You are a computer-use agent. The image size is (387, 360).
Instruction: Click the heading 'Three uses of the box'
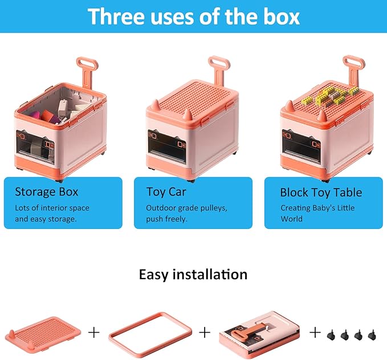(x=194, y=17)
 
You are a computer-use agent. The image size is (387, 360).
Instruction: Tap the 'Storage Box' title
(x=46, y=192)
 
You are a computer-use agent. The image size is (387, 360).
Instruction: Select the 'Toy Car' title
(x=166, y=192)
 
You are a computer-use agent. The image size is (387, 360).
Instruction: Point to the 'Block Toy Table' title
(x=321, y=192)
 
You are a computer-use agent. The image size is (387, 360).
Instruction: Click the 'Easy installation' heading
(x=193, y=275)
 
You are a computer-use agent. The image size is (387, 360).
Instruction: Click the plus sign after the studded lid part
(x=94, y=333)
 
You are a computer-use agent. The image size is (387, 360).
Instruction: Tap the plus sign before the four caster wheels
(x=315, y=333)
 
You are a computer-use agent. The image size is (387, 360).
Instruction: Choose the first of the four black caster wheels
(x=331, y=335)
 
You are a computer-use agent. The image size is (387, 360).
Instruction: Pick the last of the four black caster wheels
(x=372, y=335)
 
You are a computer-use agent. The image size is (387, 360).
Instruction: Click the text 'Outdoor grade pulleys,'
(x=186, y=208)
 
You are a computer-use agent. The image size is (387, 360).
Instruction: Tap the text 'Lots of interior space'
(x=52, y=208)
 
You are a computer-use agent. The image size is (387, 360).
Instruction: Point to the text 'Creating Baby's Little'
(x=317, y=208)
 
